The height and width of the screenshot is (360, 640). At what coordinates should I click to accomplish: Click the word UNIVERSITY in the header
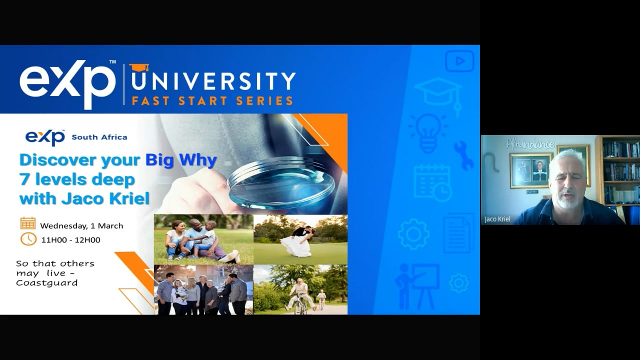212,80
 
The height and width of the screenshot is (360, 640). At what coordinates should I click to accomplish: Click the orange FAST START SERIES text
212,100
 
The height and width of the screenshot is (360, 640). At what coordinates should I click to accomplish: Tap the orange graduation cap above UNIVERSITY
139,67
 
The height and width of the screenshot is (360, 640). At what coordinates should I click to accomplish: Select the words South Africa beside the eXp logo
99,137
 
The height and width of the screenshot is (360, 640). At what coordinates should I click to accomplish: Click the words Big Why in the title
181,160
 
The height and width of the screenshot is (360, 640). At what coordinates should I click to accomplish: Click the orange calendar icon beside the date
28,223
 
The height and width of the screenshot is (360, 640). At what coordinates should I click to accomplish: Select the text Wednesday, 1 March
81,225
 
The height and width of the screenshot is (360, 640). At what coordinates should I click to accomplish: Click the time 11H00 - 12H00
70,240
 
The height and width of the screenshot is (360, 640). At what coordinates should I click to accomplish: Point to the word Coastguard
47,283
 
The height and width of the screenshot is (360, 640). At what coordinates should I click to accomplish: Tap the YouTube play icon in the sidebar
459,61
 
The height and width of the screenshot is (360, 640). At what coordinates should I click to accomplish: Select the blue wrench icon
463,155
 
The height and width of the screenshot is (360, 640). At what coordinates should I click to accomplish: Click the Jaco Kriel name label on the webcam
497,219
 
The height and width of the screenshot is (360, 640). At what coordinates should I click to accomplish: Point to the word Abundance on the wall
530,144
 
